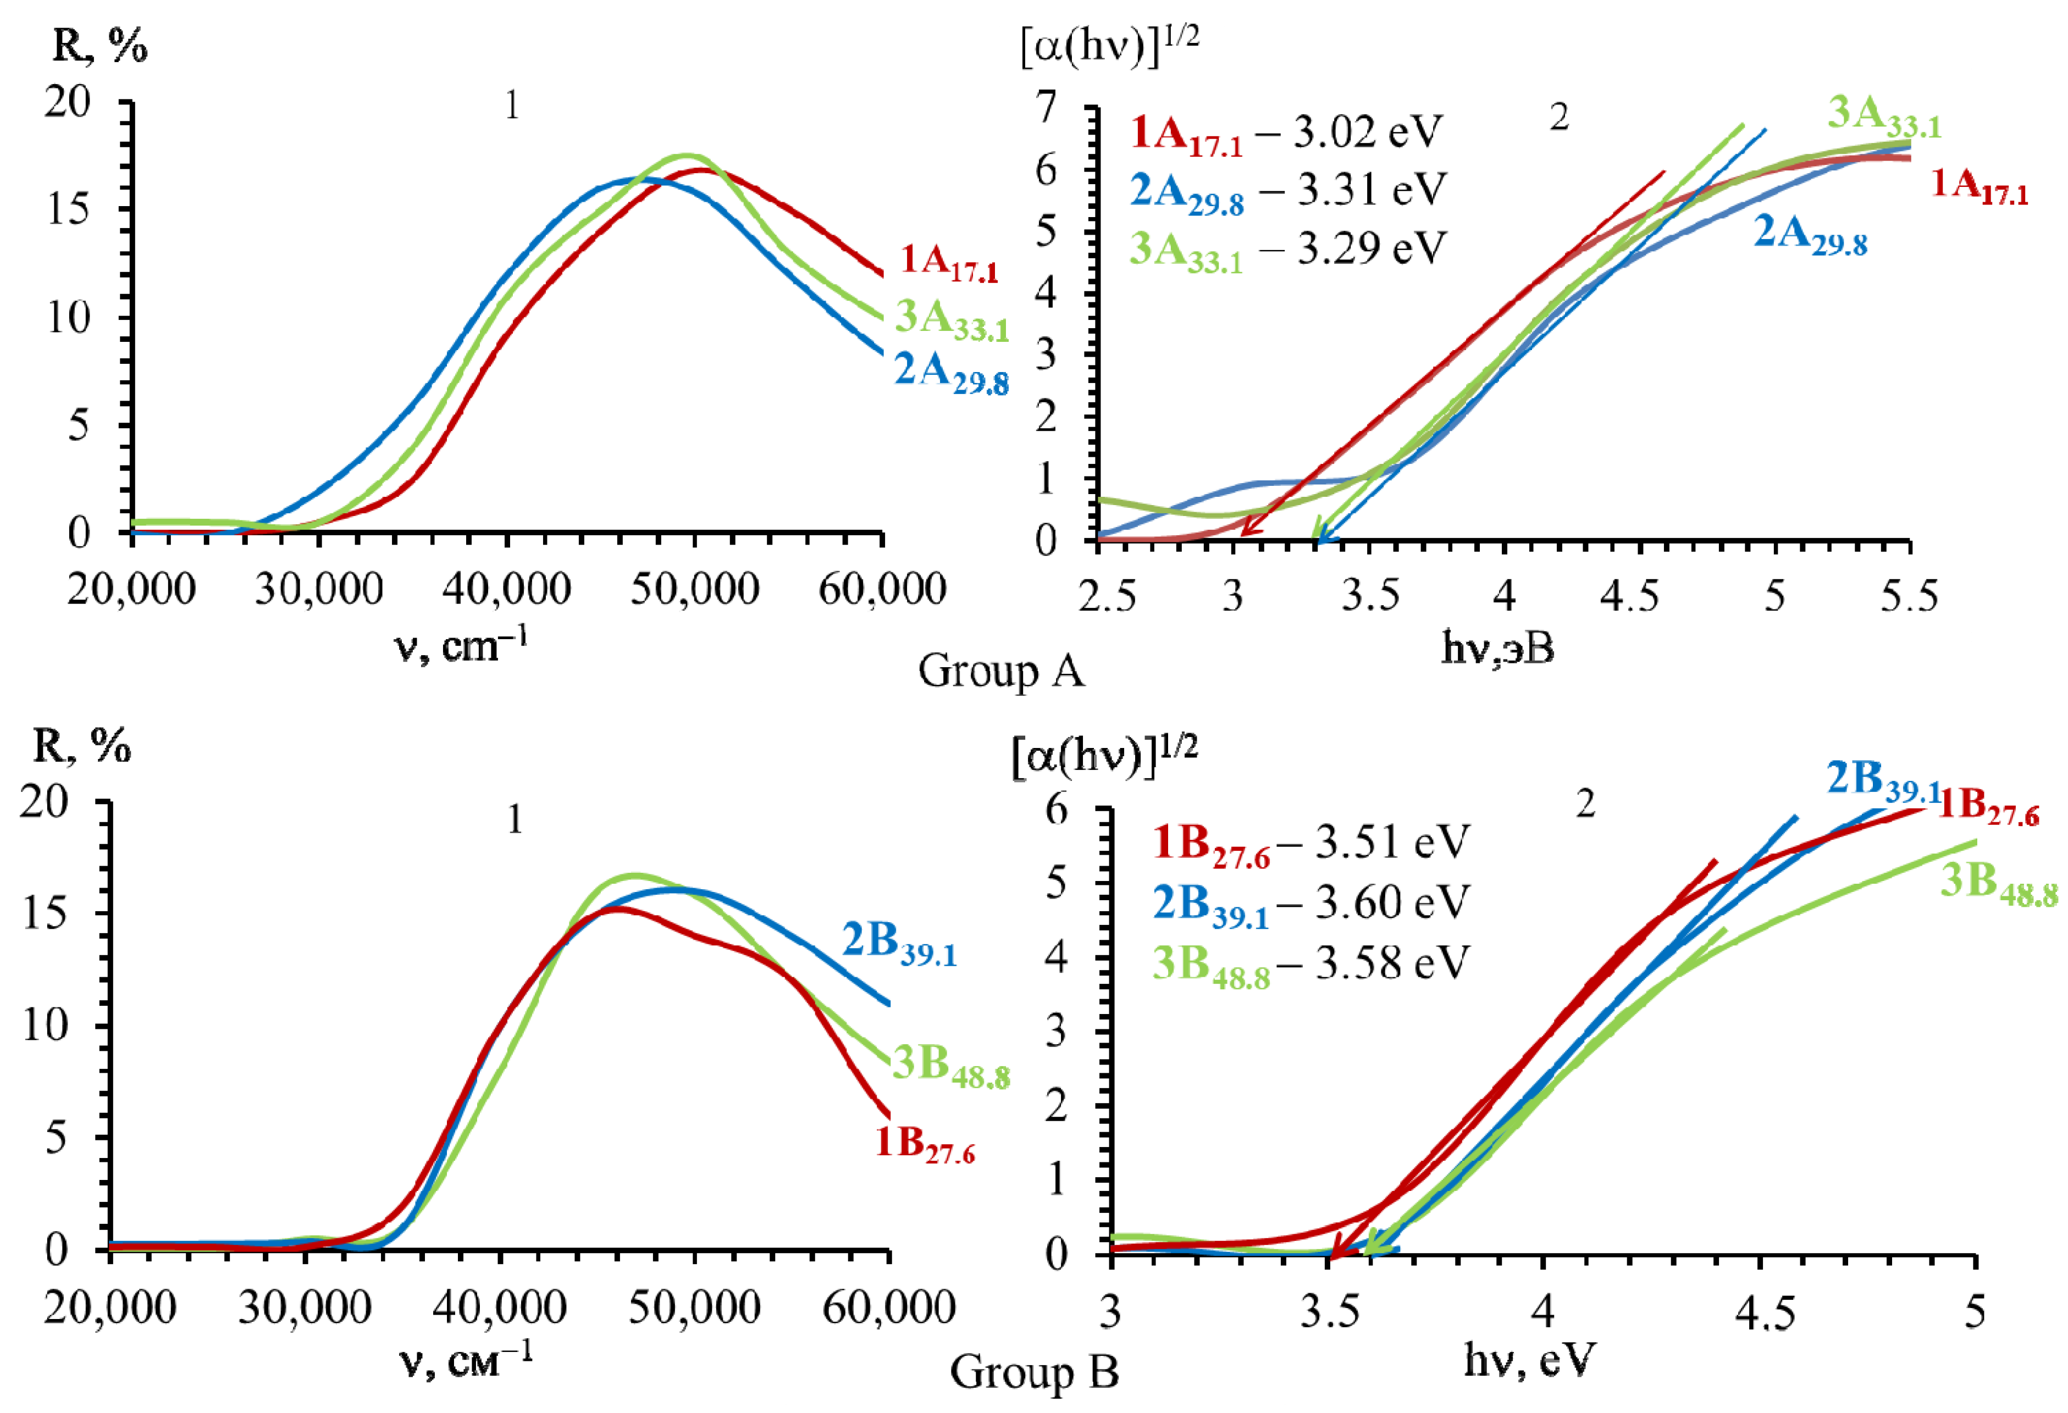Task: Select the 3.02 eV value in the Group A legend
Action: coord(1366,132)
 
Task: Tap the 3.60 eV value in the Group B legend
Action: coord(1392,902)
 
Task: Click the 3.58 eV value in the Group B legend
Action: coord(1392,962)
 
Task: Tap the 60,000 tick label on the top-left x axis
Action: coord(881,589)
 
